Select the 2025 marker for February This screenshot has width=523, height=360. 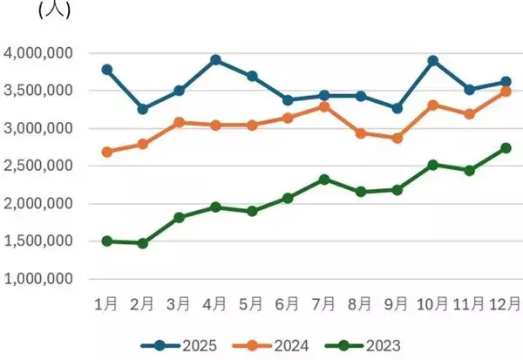pos(142,109)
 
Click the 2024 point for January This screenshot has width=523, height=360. pos(106,152)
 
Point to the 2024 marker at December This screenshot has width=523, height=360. pos(506,91)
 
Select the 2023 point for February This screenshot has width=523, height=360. pos(142,243)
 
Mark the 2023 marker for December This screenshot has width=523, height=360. pos(506,148)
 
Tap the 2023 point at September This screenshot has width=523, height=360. pos(397,189)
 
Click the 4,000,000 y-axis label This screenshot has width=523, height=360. pos(39,53)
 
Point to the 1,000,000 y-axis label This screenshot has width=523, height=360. pos(39,279)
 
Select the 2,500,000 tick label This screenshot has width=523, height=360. pos(39,166)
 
